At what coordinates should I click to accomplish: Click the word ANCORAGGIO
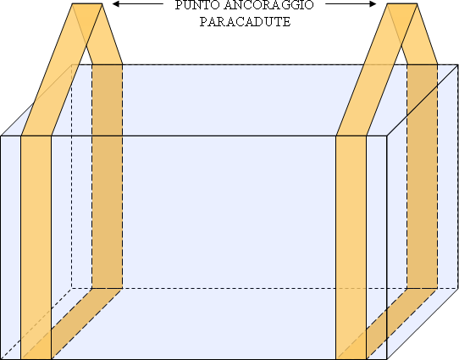268,5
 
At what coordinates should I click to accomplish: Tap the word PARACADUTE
245,22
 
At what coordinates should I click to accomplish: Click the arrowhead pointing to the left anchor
117,3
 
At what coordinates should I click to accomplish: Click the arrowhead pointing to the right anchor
373,3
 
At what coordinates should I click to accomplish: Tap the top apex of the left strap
87,3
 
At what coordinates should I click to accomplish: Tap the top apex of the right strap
402,3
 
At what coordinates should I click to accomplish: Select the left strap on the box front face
36,247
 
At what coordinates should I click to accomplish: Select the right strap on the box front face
351,247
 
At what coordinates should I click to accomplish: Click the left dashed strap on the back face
108,176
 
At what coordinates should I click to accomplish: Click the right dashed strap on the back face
423,176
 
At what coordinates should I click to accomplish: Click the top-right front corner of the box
387,136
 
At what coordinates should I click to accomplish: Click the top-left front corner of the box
1,136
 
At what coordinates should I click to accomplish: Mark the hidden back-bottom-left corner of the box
72,288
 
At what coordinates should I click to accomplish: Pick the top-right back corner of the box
457,65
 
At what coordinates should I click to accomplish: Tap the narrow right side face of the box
423,213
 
